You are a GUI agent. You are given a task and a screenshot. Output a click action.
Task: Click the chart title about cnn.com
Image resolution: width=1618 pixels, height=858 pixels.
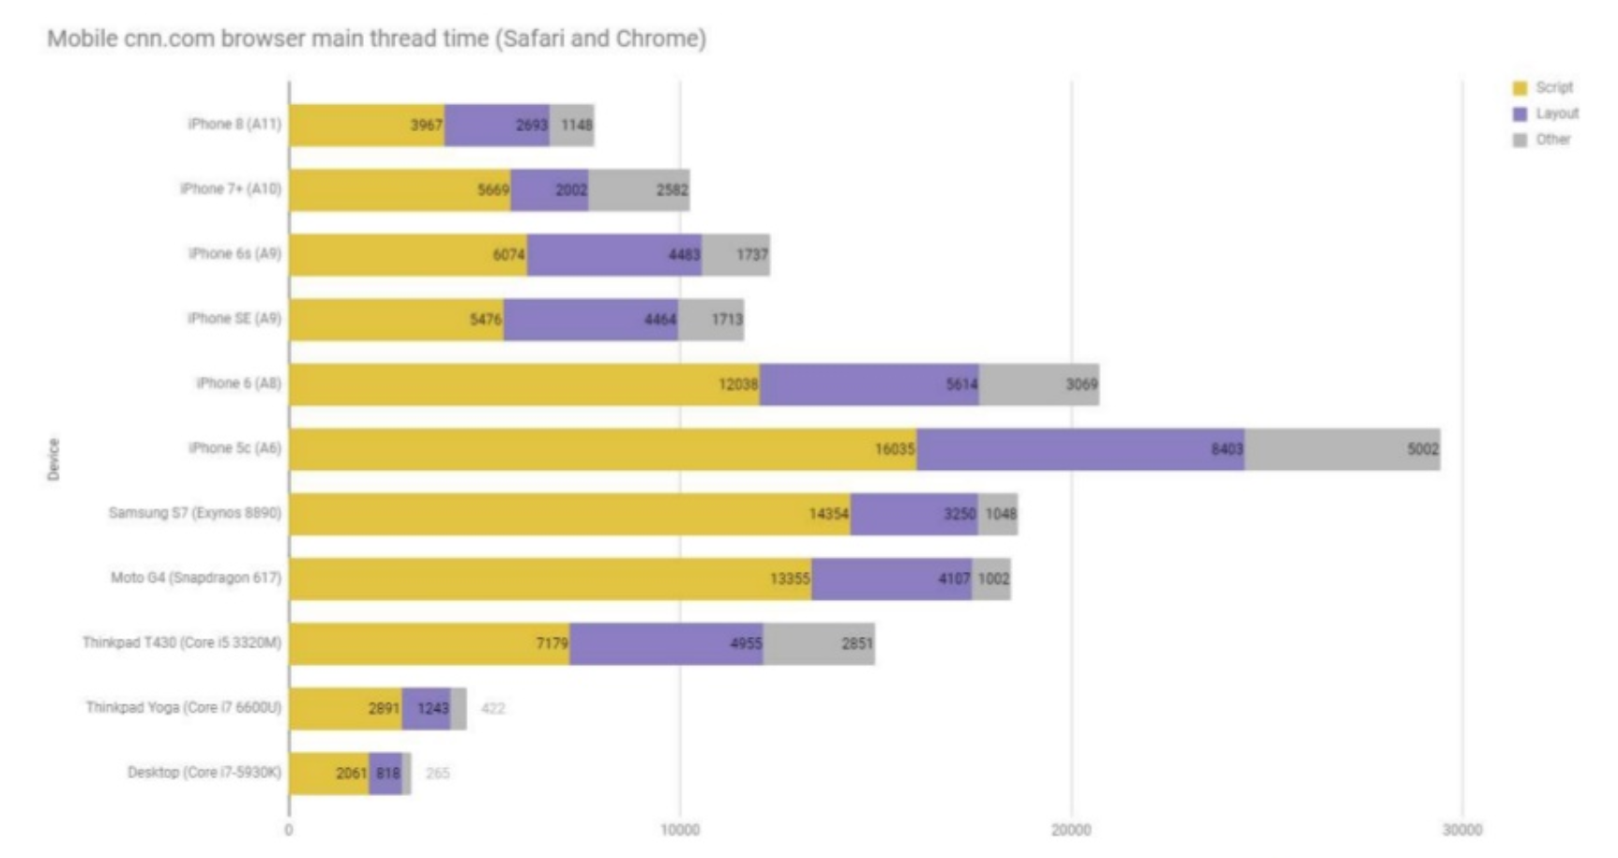376,39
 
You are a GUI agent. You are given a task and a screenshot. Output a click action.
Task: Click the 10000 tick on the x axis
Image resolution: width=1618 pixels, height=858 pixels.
680,830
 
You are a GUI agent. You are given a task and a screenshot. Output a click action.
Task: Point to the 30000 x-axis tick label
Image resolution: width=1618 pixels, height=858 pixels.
1461,830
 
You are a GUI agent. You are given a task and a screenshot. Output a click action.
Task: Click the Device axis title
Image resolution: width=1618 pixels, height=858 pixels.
53,459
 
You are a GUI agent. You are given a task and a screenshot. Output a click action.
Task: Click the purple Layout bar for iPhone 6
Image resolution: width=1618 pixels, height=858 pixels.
869,384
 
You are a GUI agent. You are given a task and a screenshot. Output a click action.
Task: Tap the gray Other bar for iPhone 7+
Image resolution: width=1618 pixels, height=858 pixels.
638,190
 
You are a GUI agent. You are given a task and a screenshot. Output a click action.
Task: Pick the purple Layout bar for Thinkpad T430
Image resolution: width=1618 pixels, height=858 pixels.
666,643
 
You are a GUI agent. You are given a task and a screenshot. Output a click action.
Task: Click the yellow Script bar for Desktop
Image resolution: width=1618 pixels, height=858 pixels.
328,774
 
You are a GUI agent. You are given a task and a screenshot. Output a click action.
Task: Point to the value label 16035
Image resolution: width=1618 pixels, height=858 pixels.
894,449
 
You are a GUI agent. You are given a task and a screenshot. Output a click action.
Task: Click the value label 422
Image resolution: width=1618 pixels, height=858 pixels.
492,709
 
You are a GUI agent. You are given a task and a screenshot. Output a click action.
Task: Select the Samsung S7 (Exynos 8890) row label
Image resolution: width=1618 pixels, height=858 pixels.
194,513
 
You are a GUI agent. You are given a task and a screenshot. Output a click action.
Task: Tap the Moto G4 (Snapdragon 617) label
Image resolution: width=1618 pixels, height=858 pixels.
195,578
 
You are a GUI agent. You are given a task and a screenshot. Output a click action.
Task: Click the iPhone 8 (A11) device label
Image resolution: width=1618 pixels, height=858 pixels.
234,124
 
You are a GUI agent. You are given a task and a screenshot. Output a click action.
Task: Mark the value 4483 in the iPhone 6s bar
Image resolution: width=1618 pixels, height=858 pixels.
684,255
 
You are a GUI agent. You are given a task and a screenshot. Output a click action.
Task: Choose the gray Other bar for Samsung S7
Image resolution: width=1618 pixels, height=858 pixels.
998,514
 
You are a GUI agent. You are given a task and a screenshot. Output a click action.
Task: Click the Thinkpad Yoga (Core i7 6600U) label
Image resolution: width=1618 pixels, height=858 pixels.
183,707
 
